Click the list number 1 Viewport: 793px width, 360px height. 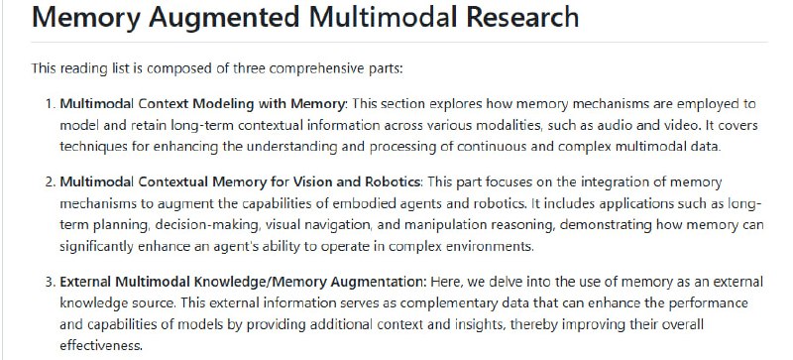click(x=50, y=103)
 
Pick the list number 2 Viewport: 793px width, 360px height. click(x=50, y=180)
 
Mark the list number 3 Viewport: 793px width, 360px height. click(x=50, y=281)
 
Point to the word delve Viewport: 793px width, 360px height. click(x=427, y=281)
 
